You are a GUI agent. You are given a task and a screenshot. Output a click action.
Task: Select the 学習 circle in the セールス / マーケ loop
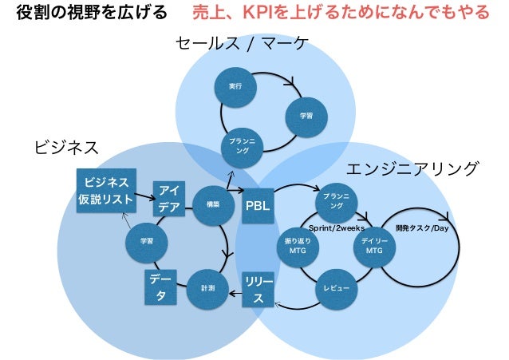[306, 116]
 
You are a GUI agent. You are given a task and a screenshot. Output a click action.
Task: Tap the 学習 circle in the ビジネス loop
[146, 240]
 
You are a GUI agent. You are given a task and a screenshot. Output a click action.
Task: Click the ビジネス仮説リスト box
[105, 190]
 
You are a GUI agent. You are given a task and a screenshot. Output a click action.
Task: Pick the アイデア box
[168, 198]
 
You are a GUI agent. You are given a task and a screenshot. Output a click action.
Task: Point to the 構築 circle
[212, 204]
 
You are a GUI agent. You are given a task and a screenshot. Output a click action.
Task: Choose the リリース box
[257, 290]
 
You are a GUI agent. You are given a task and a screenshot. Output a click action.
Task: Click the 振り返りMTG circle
[295, 246]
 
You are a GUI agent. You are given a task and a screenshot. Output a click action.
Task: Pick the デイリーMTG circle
[374, 246]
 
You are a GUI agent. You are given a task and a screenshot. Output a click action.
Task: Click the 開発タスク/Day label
[422, 227]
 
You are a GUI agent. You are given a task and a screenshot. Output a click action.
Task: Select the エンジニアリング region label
[412, 169]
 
